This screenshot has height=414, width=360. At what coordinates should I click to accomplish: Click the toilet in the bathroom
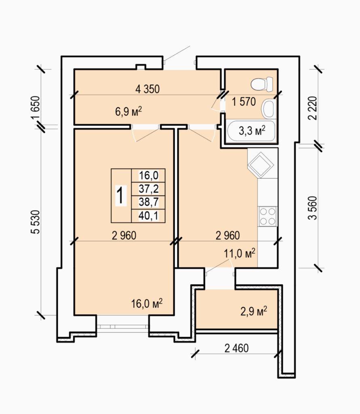(x=262, y=84)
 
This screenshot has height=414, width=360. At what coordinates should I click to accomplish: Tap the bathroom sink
(x=269, y=109)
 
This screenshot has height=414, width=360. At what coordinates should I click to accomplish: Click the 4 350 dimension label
(x=147, y=89)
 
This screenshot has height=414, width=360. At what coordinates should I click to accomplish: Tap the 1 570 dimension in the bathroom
(x=244, y=101)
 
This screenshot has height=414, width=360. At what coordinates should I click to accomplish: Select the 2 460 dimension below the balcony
(x=236, y=348)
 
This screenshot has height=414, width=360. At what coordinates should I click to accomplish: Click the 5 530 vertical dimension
(x=35, y=222)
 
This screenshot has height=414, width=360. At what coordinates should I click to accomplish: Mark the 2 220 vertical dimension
(x=312, y=108)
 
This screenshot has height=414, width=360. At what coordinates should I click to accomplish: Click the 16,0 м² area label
(x=147, y=304)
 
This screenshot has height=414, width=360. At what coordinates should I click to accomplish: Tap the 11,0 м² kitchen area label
(x=239, y=253)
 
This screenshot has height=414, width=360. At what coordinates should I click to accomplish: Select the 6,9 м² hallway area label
(x=129, y=112)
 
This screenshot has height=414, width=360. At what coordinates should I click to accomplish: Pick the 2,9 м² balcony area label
(x=254, y=311)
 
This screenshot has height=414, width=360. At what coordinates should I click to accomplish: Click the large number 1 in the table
(x=121, y=195)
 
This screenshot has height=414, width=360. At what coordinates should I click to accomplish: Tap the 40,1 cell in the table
(x=148, y=216)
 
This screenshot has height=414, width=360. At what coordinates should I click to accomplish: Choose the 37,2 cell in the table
(x=148, y=189)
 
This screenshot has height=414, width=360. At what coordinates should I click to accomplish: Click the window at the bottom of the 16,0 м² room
(x=123, y=326)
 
